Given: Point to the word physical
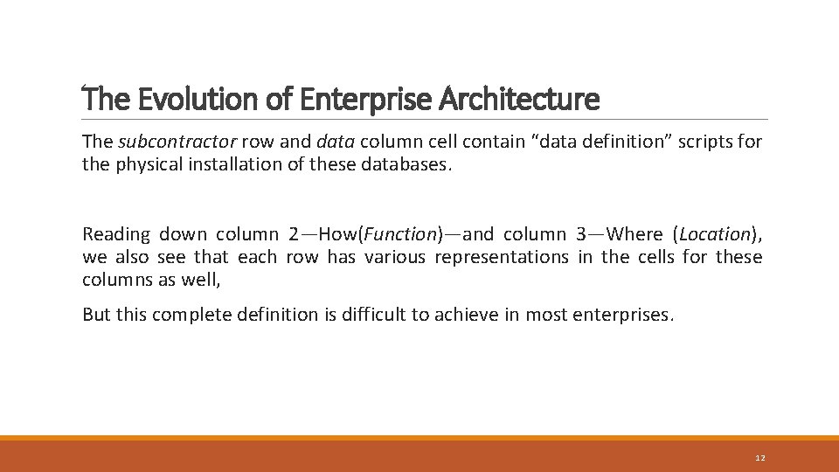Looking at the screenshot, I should point(145,164).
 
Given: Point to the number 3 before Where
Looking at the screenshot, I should point(581,234).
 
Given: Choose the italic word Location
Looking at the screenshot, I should point(715,234).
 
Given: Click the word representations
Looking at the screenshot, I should point(501,257).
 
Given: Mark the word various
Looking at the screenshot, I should point(396,257).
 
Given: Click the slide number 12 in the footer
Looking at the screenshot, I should point(759,458).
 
